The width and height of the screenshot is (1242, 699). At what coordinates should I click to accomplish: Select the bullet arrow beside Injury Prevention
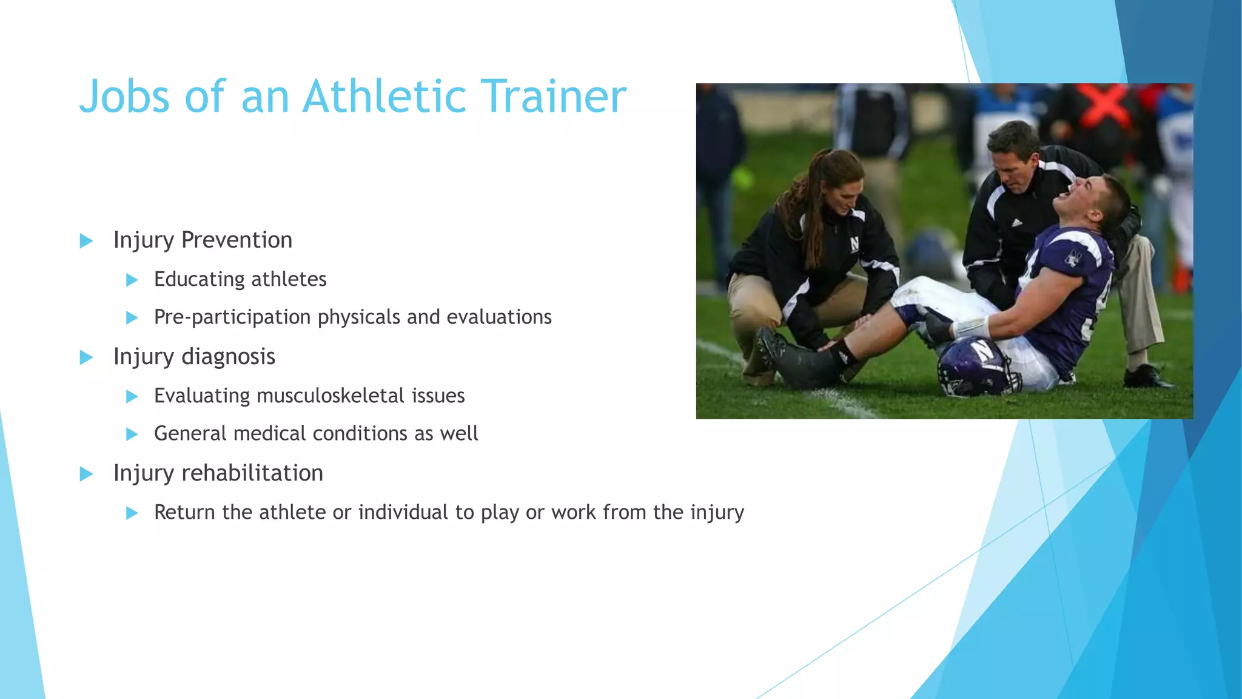coord(86,241)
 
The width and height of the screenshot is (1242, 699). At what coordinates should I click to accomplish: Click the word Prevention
coord(237,240)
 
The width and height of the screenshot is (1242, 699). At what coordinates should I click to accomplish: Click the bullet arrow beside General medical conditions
coord(132,434)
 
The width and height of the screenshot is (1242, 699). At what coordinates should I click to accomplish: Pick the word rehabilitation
coord(252,473)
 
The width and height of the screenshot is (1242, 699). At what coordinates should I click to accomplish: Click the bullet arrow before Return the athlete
coord(132,513)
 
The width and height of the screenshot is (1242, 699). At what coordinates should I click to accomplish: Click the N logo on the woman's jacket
coord(854,245)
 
